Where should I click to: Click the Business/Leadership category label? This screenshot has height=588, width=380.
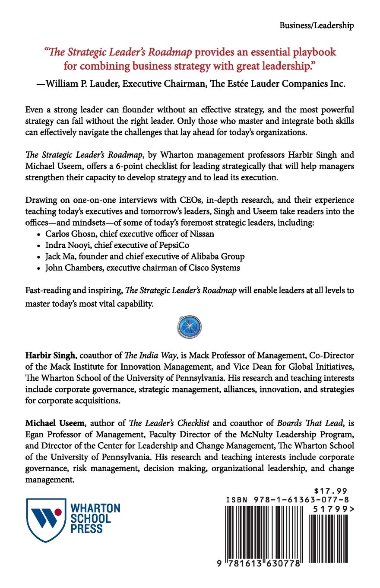(x=317, y=26)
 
